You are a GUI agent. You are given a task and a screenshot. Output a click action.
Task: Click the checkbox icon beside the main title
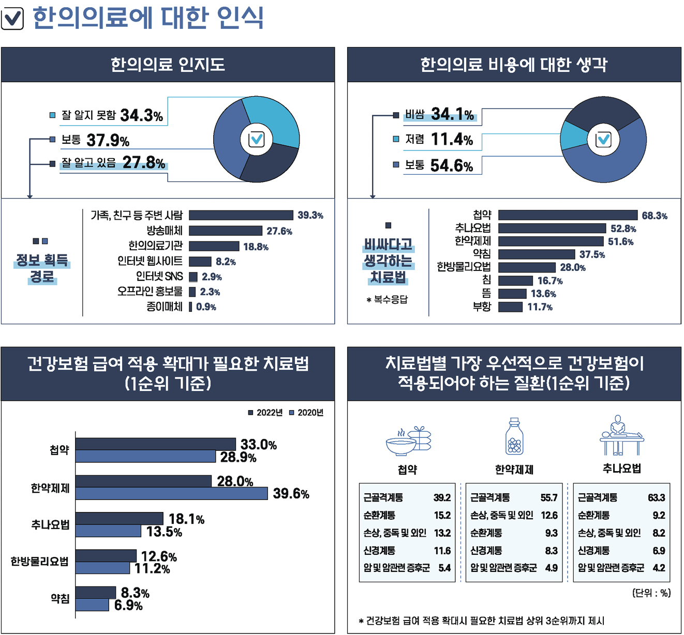(12, 19)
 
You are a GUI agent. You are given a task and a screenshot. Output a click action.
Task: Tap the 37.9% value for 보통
(108, 140)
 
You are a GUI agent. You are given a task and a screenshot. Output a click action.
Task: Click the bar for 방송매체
(225, 231)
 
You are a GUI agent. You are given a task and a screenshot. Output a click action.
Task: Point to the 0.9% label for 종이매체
(206, 307)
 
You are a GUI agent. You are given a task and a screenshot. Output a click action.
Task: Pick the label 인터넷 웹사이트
(150, 261)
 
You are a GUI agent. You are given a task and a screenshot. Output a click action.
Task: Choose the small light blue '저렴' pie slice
(573, 136)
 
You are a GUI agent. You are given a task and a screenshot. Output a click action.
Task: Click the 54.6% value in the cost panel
(451, 165)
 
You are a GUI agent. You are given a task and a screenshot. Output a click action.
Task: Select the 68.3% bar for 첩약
(568, 215)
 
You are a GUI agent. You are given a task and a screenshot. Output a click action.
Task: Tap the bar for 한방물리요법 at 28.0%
(526, 267)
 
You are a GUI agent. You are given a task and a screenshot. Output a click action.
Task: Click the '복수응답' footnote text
(388, 299)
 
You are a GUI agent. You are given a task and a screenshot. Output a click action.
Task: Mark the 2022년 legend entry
(265, 413)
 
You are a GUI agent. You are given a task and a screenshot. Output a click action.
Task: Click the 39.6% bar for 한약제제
(171, 493)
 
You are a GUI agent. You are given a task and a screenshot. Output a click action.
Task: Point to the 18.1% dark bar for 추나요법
(119, 519)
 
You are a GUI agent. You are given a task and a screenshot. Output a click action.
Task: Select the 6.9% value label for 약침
(128, 605)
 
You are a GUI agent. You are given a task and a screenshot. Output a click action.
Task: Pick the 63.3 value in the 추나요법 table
(656, 497)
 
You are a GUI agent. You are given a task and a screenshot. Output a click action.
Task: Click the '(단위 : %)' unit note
(651, 593)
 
